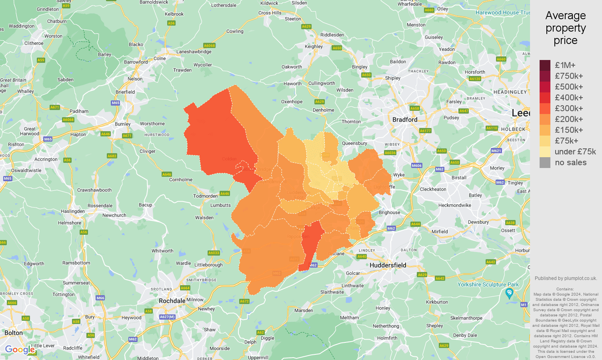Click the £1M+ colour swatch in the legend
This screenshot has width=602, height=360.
(545, 65)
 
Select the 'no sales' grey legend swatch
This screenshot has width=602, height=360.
(545, 162)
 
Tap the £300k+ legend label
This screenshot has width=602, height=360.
(569, 108)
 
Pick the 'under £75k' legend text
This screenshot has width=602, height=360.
(575, 152)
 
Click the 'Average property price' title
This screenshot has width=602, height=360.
(565, 28)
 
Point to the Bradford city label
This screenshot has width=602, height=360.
(405, 120)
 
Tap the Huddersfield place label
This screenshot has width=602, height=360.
(388, 265)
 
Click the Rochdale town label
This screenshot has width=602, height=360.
(172, 301)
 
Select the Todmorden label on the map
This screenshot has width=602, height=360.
(206, 196)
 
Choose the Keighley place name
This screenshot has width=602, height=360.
(314, 46)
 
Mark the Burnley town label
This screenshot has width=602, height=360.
(123, 124)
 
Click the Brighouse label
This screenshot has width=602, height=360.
(389, 212)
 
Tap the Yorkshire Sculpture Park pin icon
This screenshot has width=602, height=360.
(509, 293)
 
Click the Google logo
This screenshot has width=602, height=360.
(20, 350)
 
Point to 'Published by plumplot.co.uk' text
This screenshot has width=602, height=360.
(566, 278)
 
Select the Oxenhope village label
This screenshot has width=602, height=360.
(292, 102)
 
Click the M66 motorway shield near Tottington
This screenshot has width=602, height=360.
(100, 298)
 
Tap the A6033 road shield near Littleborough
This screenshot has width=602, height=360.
(214, 253)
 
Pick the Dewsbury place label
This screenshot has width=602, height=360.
(478, 222)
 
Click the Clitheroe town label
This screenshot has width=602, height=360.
(34, 43)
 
